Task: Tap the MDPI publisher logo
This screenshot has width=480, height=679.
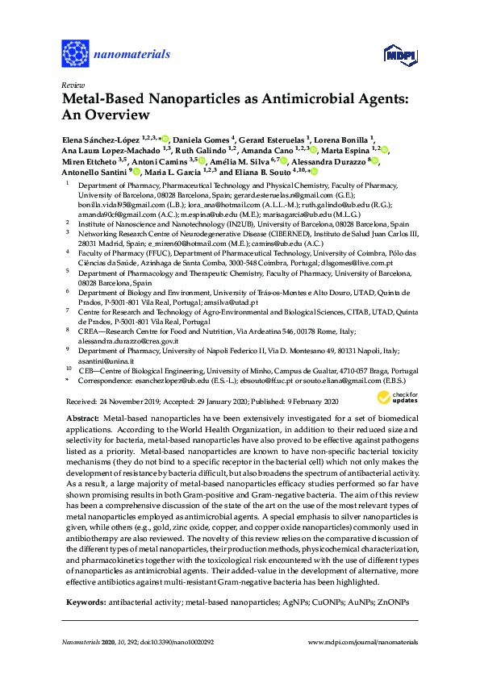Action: pyautogui.click(x=403, y=55)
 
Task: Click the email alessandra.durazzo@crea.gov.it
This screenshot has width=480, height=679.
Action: pyautogui.click(x=123, y=341)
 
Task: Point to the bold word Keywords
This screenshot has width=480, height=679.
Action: pyautogui.click(x=85, y=602)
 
